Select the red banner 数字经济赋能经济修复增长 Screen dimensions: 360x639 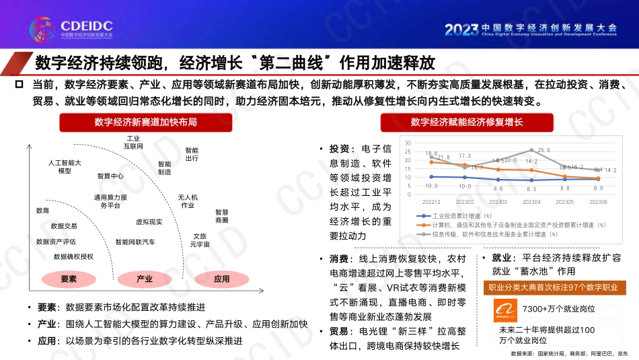(467, 122)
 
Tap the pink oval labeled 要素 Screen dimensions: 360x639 (69, 279)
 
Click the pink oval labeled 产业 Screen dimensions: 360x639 (145, 279)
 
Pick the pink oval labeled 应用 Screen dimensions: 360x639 (221, 279)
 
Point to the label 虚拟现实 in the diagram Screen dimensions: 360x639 (149, 221)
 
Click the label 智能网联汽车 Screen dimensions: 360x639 (135, 242)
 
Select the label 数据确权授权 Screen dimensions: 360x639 (74, 256)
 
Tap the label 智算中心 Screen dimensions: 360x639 (110, 176)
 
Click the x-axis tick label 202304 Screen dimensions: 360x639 (531, 202)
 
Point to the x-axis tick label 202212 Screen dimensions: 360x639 (432, 202)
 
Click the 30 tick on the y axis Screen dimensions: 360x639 (408, 143)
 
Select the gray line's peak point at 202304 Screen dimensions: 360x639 (531, 151)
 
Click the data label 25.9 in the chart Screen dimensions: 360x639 (543, 150)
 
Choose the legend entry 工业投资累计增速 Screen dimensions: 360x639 (464, 215)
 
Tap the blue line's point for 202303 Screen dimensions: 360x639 (498, 180)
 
